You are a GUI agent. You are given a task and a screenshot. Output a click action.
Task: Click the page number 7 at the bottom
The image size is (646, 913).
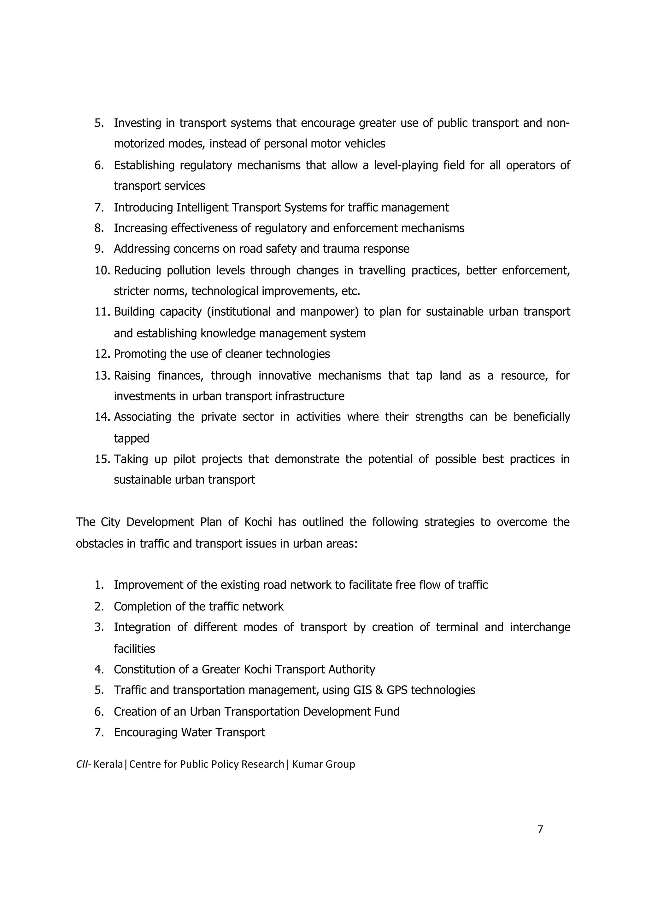pos(540,829)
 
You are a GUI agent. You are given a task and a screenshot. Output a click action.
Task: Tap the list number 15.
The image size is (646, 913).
pos(102,459)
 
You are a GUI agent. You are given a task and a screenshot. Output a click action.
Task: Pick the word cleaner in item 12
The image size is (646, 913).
pos(244,354)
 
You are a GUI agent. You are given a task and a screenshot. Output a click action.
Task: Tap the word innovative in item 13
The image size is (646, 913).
pos(285,376)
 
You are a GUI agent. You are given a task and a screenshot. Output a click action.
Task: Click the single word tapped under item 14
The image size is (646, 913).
pos(131,439)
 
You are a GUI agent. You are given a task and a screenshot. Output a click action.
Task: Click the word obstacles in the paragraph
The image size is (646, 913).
pos(99,543)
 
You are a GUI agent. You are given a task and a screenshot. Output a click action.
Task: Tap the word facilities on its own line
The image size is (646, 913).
pos(134,649)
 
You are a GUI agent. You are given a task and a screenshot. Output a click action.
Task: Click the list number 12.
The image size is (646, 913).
pos(102,354)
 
